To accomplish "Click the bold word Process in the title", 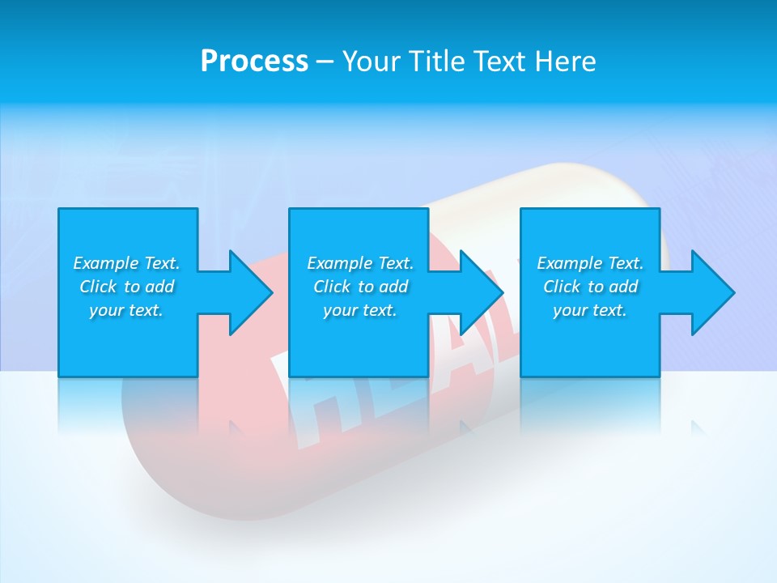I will pyautogui.click(x=254, y=62).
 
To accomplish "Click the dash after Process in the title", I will pyautogui.click(x=325, y=62).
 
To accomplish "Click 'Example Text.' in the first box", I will pyautogui.click(x=126, y=263).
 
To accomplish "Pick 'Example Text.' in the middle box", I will pyautogui.click(x=360, y=263).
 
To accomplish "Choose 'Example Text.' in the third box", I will pyautogui.click(x=590, y=263).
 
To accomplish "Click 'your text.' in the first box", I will pyautogui.click(x=126, y=310).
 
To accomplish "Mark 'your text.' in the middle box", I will pyautogui.click(x=360, y=310).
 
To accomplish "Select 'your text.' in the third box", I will pyautogui.click(x=590, y=310).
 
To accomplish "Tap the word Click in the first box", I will pyautogui.click(x=98, y=287).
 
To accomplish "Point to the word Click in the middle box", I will pyautogui.click(x=332, y=287).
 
